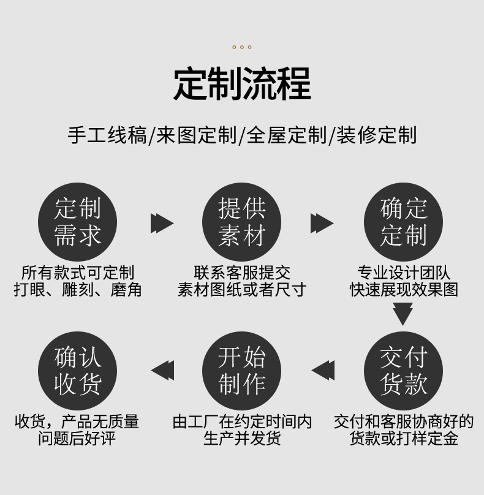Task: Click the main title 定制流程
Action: [x=242, y=84]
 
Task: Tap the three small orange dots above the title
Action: [x=242, y=47]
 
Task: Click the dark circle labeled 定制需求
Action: [x=77, y=222]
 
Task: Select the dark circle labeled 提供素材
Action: [x=242, y=222]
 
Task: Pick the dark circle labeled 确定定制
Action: [x=403, y=222]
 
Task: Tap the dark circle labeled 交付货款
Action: [x=403, y=371]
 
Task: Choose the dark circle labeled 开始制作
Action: [x=242, y=371]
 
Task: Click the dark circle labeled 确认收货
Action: [x=77, y=371]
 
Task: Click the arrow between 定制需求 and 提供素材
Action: [x=162, y=223]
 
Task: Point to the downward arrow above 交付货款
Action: [x=403, y=314]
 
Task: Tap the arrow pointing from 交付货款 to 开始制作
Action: [x=323, y=371]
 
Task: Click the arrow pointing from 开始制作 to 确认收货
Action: [x=162, y=371]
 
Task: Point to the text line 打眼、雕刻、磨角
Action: [x=78, y=290]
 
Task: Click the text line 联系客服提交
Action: [x=242, y=273]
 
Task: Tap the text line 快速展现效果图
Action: [x=404, y=290]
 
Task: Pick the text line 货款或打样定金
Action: [x=404, y=439]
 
